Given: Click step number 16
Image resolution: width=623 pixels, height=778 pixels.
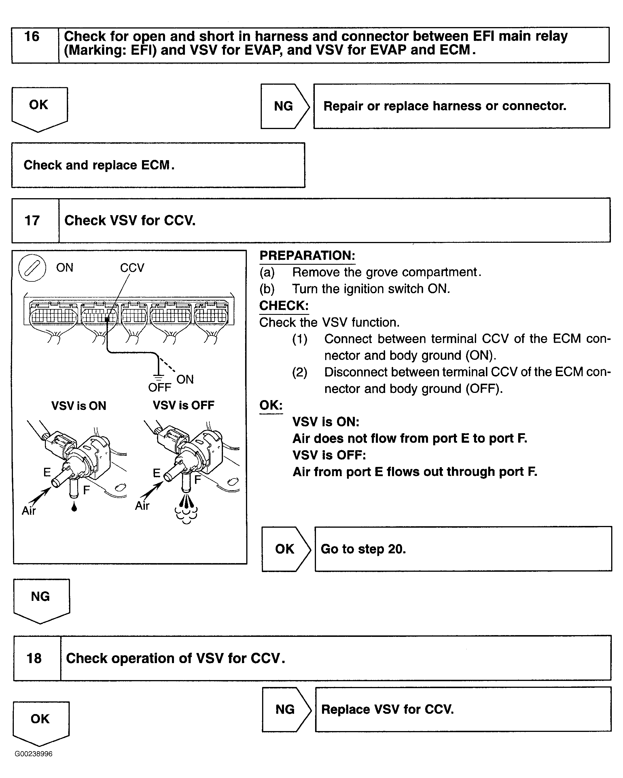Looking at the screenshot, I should coord(32,37).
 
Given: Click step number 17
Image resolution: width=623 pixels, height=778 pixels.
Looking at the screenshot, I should coord(32,220).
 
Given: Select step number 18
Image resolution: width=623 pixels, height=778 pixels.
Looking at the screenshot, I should coord(34,658).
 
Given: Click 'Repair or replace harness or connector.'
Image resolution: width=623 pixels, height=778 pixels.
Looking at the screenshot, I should coord(444,106).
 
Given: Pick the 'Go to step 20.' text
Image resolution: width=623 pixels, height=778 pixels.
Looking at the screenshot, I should coord(363,549).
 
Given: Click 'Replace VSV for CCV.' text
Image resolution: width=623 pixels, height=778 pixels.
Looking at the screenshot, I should coord(387,709).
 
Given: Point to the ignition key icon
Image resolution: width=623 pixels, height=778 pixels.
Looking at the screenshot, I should coord(32,268).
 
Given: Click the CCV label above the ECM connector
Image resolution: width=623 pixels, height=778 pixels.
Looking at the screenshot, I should coord(132,268).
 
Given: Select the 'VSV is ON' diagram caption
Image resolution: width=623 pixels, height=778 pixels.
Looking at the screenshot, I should coord(79,406).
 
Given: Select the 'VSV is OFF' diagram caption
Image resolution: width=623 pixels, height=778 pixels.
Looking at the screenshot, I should coord(183,405).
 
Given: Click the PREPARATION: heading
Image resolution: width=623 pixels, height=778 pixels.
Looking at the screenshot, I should coord(307,255).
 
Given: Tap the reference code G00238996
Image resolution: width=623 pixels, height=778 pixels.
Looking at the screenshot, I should coord(33,754).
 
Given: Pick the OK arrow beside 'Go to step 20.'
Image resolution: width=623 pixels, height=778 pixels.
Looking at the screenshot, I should coord(285,549).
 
